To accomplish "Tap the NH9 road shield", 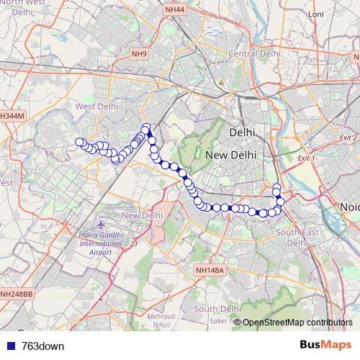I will click(138, 53).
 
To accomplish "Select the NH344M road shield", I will click(12, 115).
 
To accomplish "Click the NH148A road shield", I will click(211, 270).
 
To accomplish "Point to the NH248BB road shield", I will click(16, 294).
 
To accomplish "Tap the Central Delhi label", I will click(253, 54).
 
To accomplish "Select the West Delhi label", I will click(96, 107).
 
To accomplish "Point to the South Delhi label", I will click(217, 308).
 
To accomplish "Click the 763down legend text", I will click(42, 346).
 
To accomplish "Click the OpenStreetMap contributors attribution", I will click(297, 322).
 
